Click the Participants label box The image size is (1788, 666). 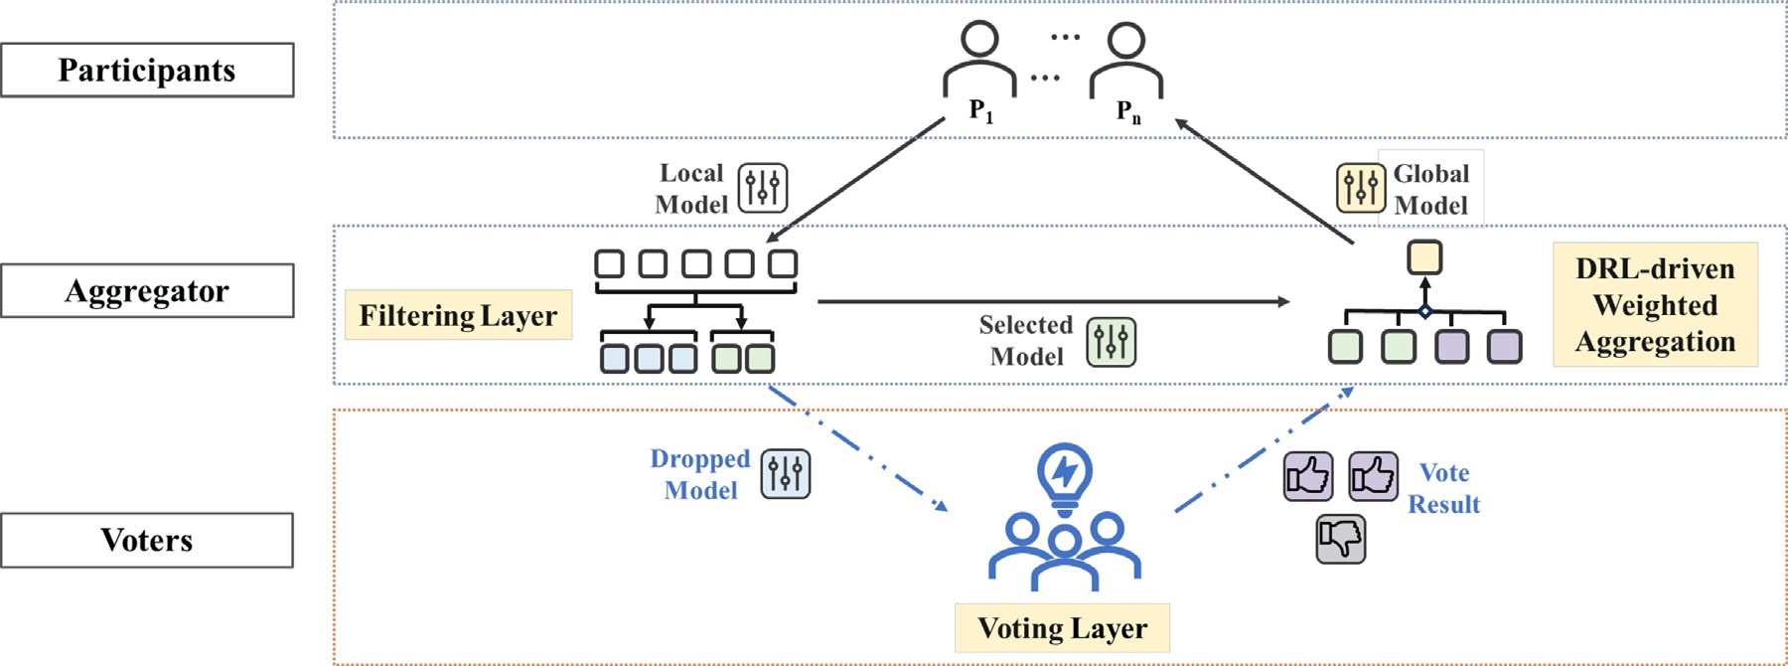click(147, 70)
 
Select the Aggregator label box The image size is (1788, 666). click(147, 290)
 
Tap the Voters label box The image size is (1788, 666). click(147, 540)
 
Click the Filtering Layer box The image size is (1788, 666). click(458, 315)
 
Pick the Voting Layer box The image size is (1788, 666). click(1062, 628)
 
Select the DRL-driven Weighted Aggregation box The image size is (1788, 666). click(1655, 304)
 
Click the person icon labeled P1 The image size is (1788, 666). click(979, 60)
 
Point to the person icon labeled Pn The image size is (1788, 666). click(1126, 60)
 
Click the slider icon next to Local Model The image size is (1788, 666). click(763, 188)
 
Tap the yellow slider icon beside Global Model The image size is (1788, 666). click(1360, 188)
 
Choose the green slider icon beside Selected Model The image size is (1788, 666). click(1111, 342)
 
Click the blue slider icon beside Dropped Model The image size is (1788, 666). click(786, 473)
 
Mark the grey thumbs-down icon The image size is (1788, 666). click(1340, 539)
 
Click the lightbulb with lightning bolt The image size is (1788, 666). click(1064, 475)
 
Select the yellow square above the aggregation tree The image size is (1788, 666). click(1424, 257)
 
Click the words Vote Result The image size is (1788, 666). click(1444, 488)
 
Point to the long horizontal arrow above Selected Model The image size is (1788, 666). click(1053, 301)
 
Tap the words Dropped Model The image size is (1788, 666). click(700, 474)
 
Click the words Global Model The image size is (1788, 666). click(1430, 189)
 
